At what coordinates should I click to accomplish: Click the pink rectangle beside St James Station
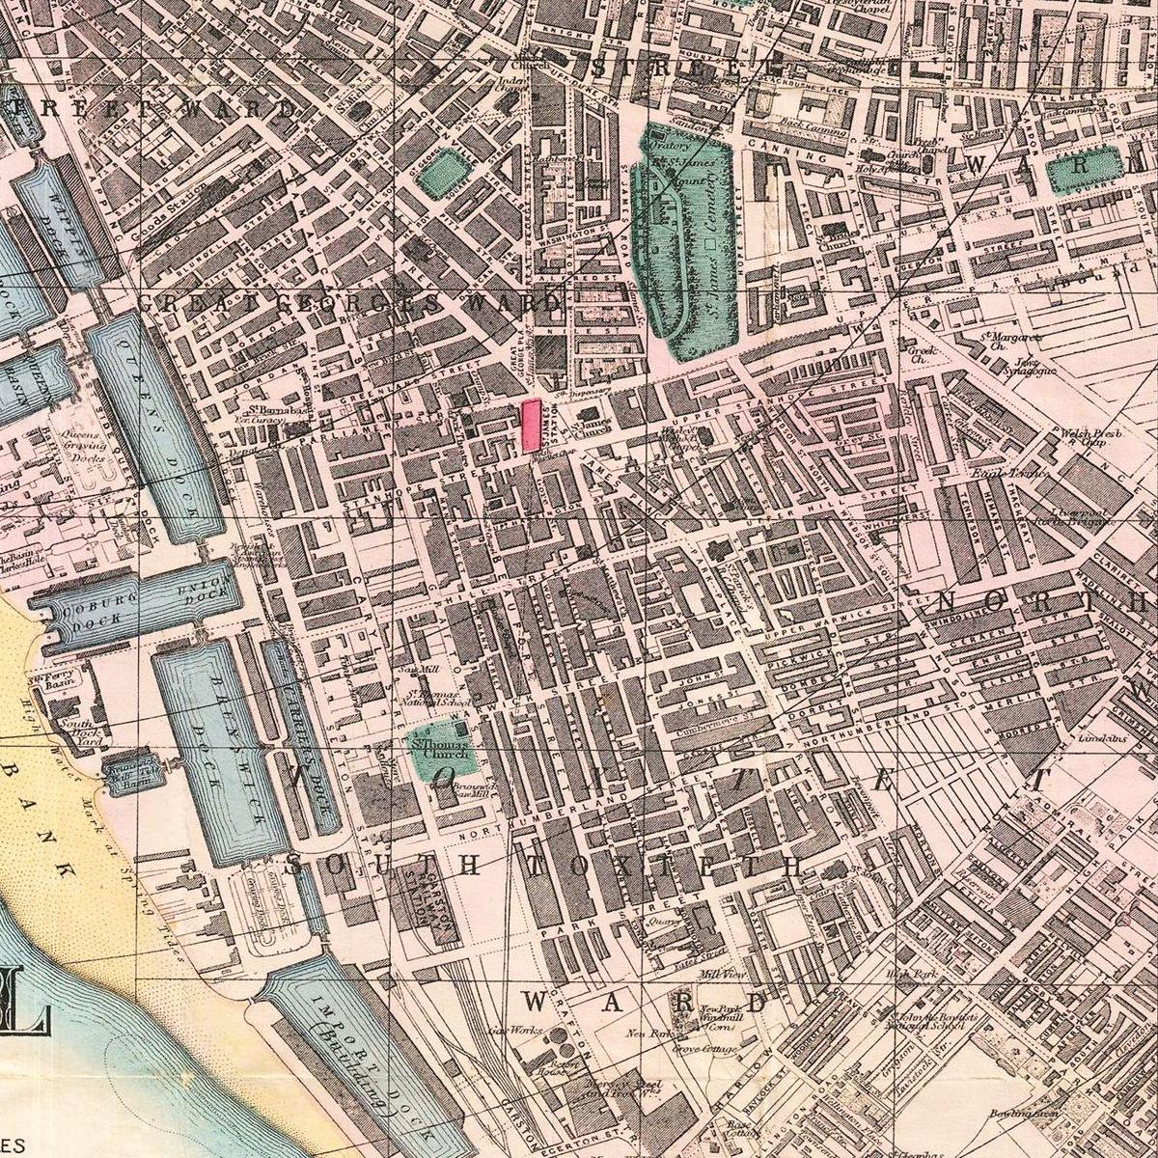(530, 426)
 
